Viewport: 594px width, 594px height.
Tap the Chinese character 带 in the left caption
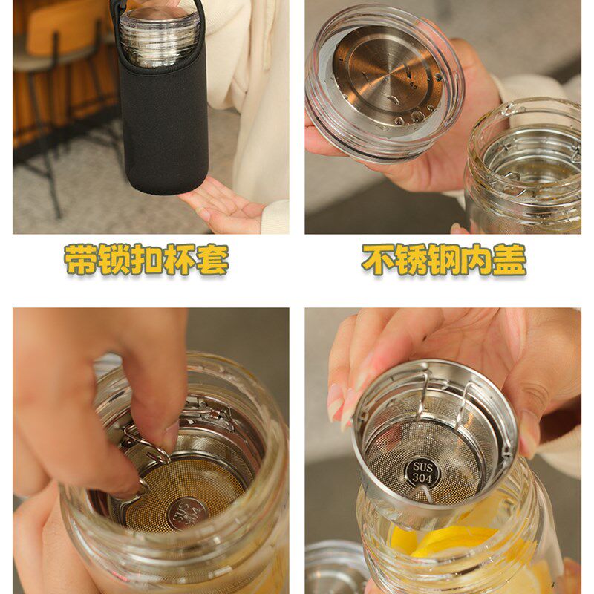coord(81,259)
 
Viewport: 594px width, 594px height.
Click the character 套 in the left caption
coord(212,259)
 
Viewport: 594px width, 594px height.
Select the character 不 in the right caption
coord(378,259)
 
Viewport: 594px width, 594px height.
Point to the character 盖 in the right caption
coord(509,259)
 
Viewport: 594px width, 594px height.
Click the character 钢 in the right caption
coord(443,259)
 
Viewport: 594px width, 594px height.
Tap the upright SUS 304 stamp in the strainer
coord(422,472)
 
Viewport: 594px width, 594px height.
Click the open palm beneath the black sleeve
coord(221,206)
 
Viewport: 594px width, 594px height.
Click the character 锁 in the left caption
coord(114,259)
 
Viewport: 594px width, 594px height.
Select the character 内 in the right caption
coord(477,259)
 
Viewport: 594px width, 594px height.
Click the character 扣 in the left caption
coord(146,259)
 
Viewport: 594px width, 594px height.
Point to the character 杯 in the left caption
coord(180,259)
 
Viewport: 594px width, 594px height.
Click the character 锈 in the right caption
coord(411,259)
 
